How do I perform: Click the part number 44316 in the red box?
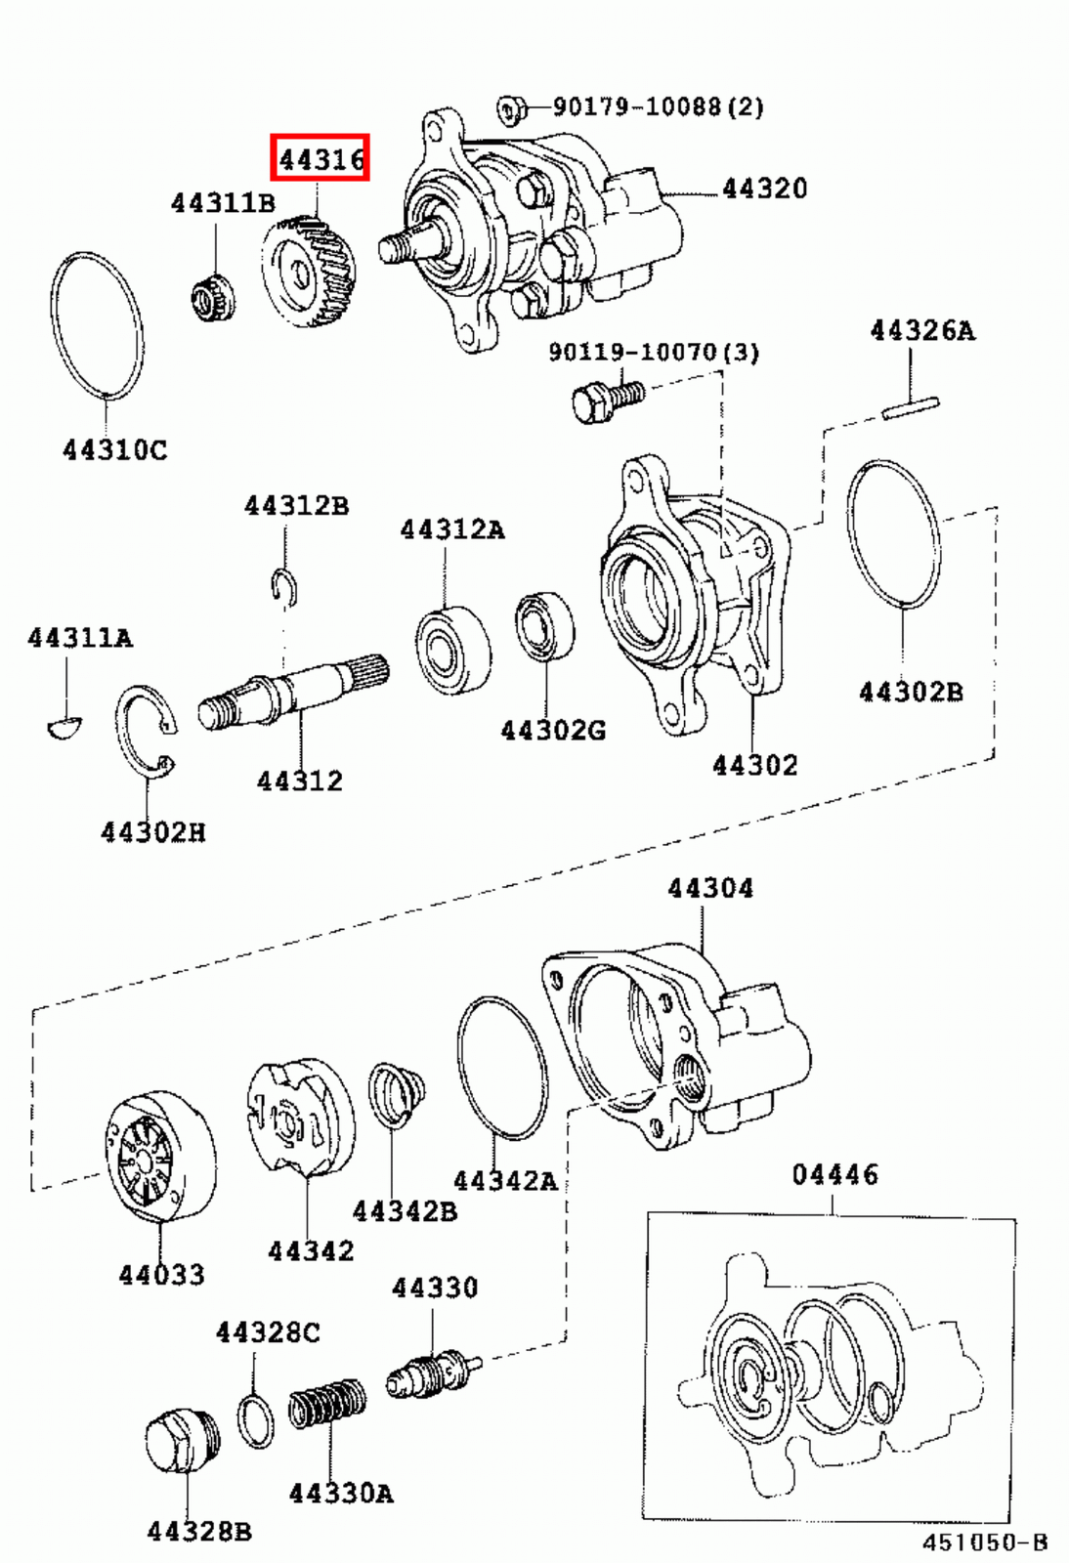click(x=321, y=158)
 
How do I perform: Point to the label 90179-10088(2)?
click(x=659, y=106)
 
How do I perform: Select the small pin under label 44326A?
click(x=911, y=404)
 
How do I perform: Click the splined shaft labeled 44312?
click(x=293, y=690)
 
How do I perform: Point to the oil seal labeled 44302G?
click(x=544, y=625)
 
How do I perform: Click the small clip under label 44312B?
click(x=284, y=585)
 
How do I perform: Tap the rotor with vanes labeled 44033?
click(x=159, y=1155)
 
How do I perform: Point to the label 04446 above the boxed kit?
click(x=834, y=1174)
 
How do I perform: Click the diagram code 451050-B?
click(x=985, y=1542)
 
